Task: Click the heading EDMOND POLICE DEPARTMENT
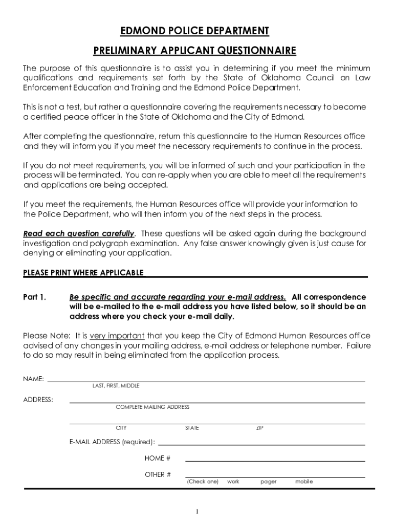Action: [x=194, y=31]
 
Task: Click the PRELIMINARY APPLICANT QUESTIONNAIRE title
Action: [x=194, y=51]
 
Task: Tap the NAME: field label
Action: [x=34, y=379]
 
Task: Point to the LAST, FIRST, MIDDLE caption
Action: [x=116, y=386]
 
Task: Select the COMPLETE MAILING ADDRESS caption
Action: [x=152, y=407]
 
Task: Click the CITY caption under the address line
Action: [x=121, y=428]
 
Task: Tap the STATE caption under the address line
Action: [x=192, y=428]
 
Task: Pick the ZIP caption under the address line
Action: [x=259, y=428]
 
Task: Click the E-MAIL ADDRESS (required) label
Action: [x=113, y=442]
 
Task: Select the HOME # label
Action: [x=158, y=458]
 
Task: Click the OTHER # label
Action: [x=158, y=474]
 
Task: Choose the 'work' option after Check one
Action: [x=233, y=482]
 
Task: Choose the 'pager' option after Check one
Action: [x=268, y=482]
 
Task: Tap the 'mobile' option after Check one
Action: [x=304, y=482]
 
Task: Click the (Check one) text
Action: [x=203, y=482]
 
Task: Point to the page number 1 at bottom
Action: [x=197, y=511]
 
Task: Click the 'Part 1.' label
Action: [x=35, y=297]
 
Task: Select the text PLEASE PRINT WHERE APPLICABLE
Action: [x=83, y=273]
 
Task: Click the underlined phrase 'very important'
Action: [x=117, y=336]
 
